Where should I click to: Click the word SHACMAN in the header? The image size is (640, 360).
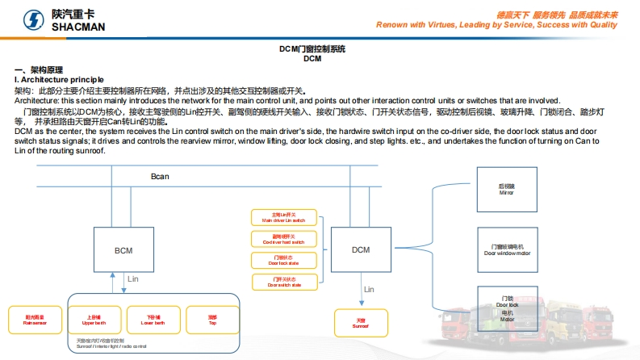[79, 27]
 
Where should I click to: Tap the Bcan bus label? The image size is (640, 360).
[160, 176]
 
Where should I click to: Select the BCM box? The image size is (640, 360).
[123, 250]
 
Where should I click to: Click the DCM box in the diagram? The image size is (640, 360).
[361, 249]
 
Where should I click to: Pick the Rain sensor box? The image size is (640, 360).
[35, 320]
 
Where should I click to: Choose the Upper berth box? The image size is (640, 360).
[94, 320]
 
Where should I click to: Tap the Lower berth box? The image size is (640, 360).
[153, 320]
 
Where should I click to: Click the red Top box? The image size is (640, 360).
[212, 320]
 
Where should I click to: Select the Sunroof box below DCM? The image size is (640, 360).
[361, 323]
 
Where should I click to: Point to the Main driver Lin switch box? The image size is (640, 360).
[284, 217]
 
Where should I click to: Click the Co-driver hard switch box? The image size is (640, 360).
[284, 239]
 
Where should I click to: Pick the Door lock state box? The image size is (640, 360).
[284, 260]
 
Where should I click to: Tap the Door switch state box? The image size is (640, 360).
[284, 282]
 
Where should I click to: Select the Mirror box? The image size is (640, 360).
[507, 190]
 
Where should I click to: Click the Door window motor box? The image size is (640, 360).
[507, 249]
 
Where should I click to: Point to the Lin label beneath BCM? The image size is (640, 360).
[134, 278]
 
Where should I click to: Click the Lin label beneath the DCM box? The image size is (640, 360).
[369, 289]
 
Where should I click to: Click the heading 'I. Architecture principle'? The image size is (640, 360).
[59, 79]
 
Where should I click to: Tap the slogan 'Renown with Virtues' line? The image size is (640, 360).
[496, 25]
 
